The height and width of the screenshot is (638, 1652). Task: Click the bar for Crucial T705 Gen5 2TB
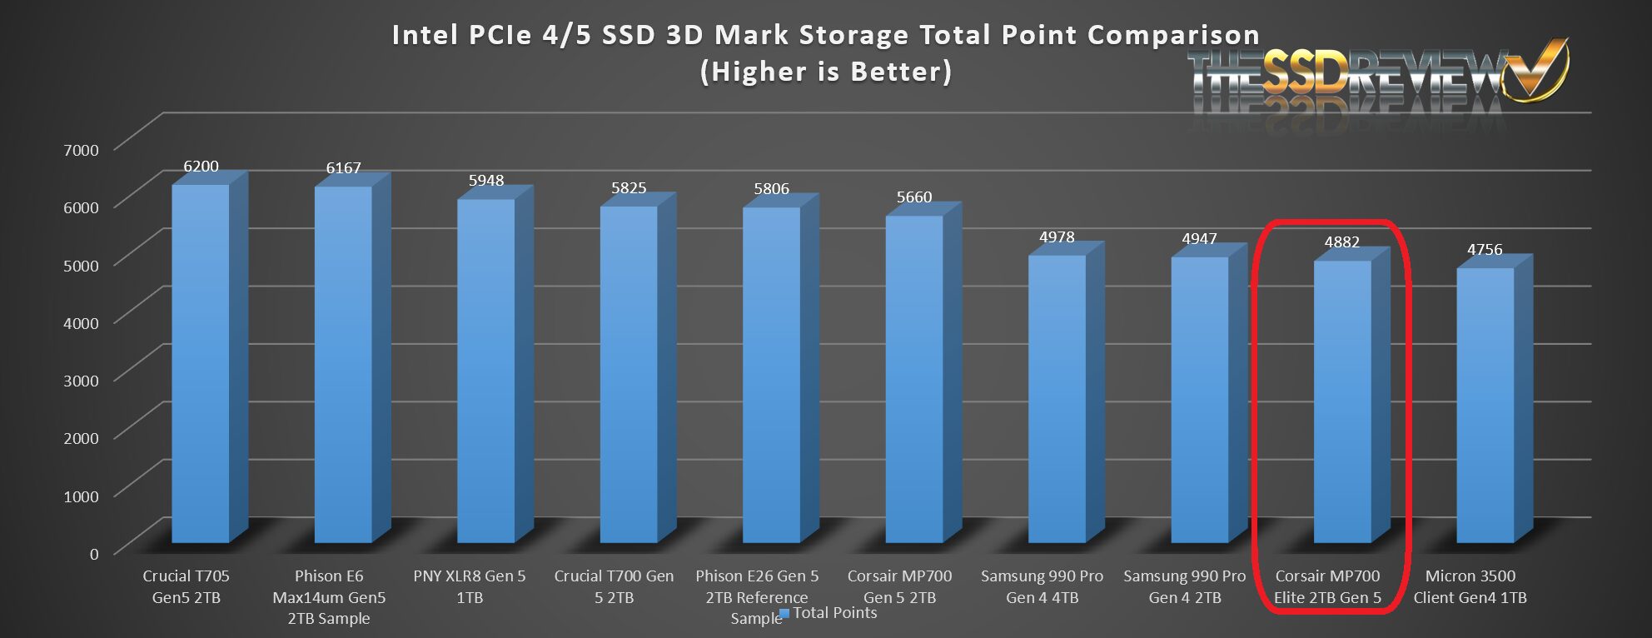click(200, 363)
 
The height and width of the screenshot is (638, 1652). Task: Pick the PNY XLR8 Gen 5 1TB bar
click(485, 371)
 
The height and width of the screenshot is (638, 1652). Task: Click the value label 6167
click(343, 168)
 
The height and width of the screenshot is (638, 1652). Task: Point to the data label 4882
click(1341, 242)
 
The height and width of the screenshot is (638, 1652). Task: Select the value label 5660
click(913, 197)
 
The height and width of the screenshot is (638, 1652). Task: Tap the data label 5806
click(771, 189)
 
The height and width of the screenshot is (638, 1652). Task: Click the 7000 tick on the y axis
click(81, 150)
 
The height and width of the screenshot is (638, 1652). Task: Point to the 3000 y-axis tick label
click(81, 381)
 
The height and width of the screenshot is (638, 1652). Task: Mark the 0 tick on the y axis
click(94, 554)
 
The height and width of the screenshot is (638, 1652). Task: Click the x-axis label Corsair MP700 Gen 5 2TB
click(899, 586)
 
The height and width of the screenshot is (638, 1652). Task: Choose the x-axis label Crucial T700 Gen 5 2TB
click(614, 586)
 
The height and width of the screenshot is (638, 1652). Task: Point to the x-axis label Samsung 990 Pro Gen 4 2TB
click(1184, 586)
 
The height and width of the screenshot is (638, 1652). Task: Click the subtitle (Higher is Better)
click(826, 72)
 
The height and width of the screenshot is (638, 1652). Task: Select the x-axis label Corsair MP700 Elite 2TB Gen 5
click(1327, 586)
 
